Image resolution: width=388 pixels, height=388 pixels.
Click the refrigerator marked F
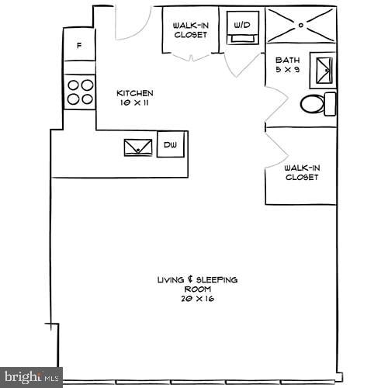click(78, 46)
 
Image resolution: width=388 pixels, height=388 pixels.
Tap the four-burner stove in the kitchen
click(79, 92)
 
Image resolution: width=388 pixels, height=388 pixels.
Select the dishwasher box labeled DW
click(171, 144)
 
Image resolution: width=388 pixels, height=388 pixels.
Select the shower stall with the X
click(301, 24)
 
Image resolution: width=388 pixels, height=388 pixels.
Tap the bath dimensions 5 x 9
click(286, 70)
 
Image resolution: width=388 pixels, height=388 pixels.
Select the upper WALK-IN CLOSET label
click(189, 29)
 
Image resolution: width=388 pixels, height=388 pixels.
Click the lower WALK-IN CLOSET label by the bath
click(301, 171)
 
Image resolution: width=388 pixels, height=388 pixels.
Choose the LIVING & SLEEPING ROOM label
click(197, 283)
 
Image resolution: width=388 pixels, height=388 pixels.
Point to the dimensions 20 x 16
click(197, 299)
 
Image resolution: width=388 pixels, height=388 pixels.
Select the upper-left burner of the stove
click(72, 85)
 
